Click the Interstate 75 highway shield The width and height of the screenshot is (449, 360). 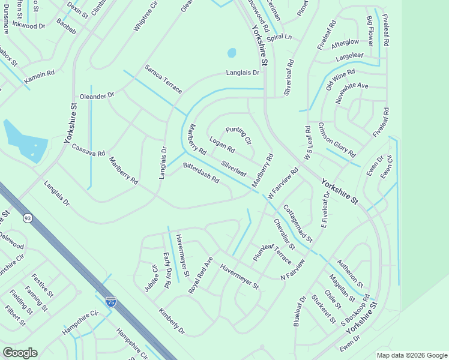click(110, 302)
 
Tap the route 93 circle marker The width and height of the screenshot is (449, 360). click(28, 218)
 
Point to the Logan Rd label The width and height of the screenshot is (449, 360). click(221, 145)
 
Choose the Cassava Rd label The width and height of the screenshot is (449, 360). click(88, 150)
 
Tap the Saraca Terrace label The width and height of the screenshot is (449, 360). click(163, 79)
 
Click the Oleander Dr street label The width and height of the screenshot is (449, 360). click(97, 96)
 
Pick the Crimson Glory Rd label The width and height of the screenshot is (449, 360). click(337, 139)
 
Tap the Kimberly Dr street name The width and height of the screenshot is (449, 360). click(172, 322)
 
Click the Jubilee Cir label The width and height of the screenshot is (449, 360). click(150, 278)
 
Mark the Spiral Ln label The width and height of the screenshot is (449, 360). click(279, 37)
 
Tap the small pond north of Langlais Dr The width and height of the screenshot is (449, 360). click(232, 53)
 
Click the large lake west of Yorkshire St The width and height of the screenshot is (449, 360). click(25, 140)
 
